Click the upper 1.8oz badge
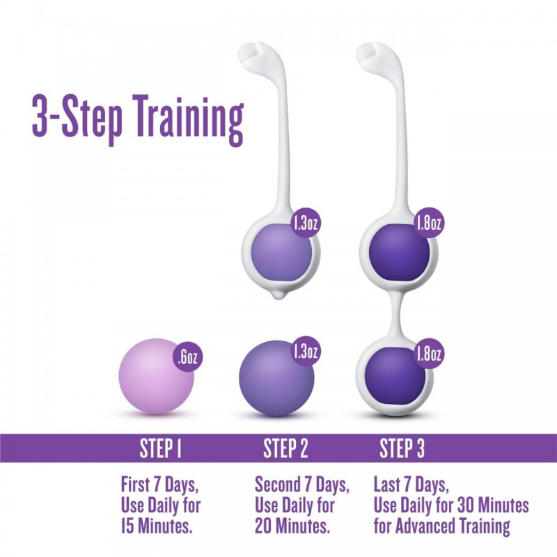pos(428,223)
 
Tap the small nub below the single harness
pos(278,295)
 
